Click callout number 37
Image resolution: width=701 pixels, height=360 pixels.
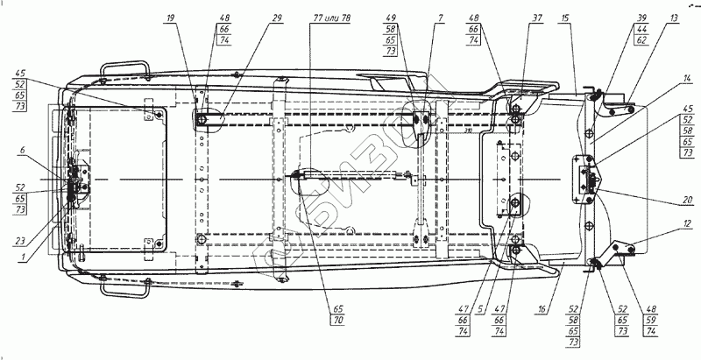point(535,18)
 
